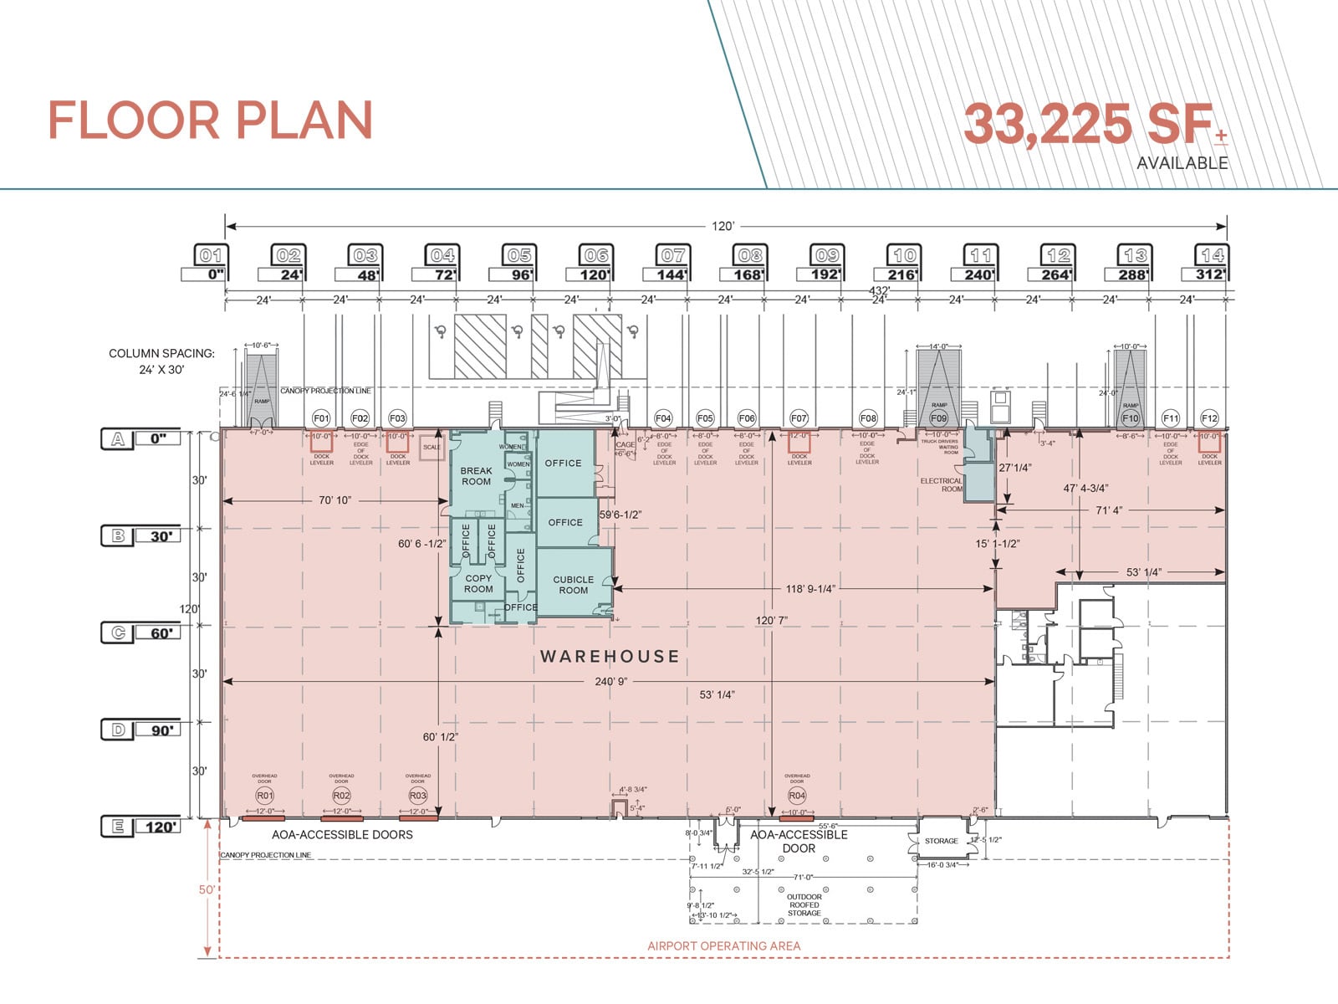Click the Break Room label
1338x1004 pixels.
click(476, 476)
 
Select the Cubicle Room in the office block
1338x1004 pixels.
click(574, 584)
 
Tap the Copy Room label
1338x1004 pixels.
click(478, 583)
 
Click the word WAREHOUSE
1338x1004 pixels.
click(610, 657)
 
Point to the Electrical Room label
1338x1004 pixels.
click(942, 484)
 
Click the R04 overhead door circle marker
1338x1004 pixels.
click(797, 795)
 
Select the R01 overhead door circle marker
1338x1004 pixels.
click(264, 795)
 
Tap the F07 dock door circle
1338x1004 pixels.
click(799, 417)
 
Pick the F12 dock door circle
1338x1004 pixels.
click(1209, 417)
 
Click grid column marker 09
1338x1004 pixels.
click(827, 255)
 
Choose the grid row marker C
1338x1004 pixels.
click(119, 633)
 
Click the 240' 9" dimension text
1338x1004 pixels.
click(611, 682)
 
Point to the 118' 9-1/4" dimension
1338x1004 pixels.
click(809, 589)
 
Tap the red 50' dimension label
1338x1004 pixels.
click(206, 889)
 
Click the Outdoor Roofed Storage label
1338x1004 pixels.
click(804, 905)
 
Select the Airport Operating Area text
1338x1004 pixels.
click(723, 945)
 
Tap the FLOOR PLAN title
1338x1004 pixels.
click(210, 121)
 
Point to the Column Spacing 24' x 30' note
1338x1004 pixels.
click(161, 361)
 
